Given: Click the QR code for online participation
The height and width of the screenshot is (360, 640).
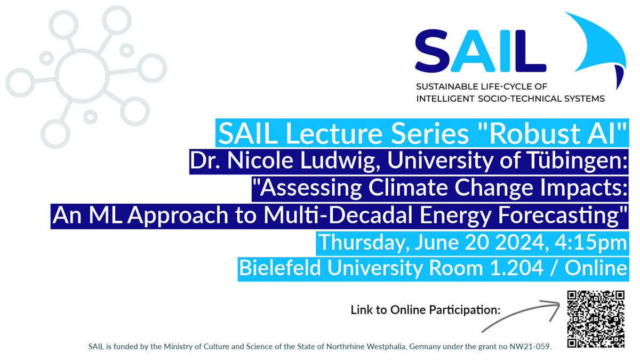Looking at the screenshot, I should pos(595,319).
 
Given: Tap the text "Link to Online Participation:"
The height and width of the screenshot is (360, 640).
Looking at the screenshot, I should pos(425,310).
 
